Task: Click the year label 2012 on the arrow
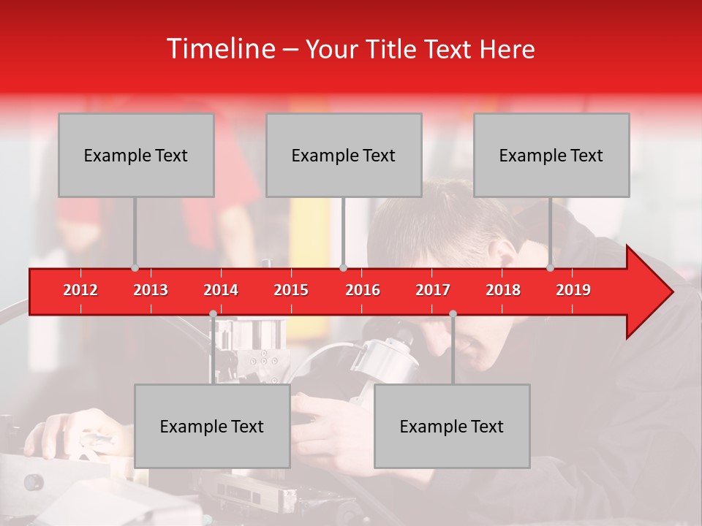point(80,290)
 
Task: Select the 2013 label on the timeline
point(151,290)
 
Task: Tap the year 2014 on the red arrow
point(221,290)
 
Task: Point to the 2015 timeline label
point(291,290)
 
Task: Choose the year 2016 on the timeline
point(363,290)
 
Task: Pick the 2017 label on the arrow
point(433,290)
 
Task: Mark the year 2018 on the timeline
point(503,290)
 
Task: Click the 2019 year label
point(573,290)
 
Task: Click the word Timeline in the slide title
point(220,49)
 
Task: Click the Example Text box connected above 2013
point(136,155)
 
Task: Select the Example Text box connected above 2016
point(344,155)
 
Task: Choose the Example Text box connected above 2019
point(551,155)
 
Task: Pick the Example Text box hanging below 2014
point(212,426)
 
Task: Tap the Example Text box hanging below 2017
point(452,426)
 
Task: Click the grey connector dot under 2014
point(213,314)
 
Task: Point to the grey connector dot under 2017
point(453,314)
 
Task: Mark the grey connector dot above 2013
point(135,267)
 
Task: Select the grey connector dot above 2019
point(550,267)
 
